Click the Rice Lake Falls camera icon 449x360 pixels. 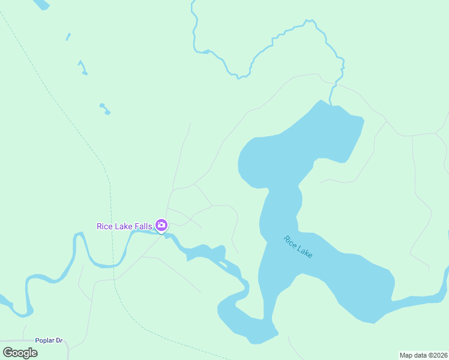pos(161,226)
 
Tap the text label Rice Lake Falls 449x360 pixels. pos(125,226)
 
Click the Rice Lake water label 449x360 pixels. pos(298,247)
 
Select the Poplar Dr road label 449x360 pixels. pos(49,341)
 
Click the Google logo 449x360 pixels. pos(20,353)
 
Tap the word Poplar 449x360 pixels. pos(45,341)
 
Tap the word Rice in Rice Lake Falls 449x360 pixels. pos(105,226)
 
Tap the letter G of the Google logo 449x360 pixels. pos(7,353)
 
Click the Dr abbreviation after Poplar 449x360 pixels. pos(59,341)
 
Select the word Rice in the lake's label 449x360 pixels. pos(290,241)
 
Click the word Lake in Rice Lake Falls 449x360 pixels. pos(124,226)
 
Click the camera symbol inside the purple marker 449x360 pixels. pos(161,225)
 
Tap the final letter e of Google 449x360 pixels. pos(34,353)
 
